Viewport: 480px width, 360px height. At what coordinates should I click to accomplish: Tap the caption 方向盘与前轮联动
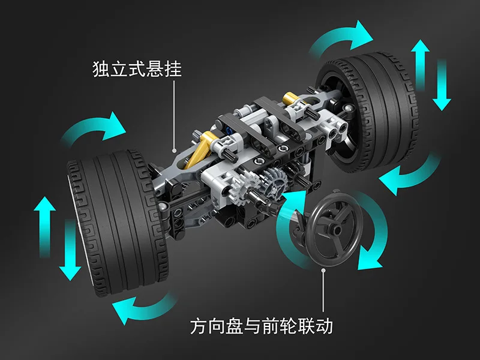click(261, 327)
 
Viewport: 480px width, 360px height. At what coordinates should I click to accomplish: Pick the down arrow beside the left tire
click(70, 248)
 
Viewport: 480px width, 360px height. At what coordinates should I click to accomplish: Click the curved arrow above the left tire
click(97, 130)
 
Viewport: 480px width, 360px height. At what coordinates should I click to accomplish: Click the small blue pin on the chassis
click(230, 127)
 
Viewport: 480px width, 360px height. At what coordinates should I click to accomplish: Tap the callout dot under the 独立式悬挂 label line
click(174, 151)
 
